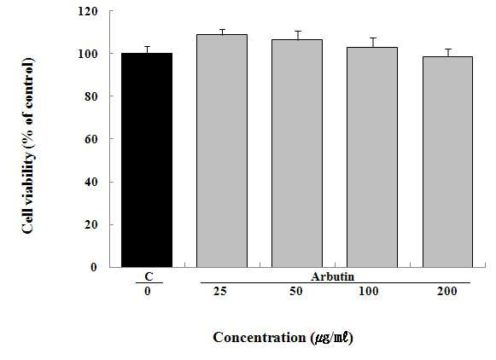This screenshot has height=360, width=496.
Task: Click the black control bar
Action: pos(147,160)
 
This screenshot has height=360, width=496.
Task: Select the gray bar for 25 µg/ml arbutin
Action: pos(222,151)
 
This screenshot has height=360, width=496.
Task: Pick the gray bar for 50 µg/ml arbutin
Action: pos(297,154)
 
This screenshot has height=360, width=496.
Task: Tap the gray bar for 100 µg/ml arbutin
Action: pos(372,158)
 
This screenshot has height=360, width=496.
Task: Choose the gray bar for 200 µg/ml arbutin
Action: pos(447,162)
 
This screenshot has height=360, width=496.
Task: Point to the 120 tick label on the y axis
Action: pos(87,12)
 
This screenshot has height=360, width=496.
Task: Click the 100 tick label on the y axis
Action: pos(87,54)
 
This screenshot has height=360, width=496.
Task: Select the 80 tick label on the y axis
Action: pos(90,96)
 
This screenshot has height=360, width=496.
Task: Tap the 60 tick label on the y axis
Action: pos(90,139)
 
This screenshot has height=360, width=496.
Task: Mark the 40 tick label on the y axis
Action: pos(90,182)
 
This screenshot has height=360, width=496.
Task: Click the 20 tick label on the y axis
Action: pos(90,224)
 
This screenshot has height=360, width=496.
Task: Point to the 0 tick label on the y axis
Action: pos(94,267)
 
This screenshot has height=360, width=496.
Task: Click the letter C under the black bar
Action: pos(149,276)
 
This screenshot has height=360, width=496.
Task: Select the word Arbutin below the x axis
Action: pos(332,276)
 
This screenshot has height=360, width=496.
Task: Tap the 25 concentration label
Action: pos(220,291)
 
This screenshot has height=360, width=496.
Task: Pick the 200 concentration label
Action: pos(447,291)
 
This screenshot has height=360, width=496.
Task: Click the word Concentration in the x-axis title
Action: pos(259,337)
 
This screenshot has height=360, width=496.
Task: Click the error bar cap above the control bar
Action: pos(147,46)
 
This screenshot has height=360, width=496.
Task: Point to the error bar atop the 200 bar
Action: pos(448,53)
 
